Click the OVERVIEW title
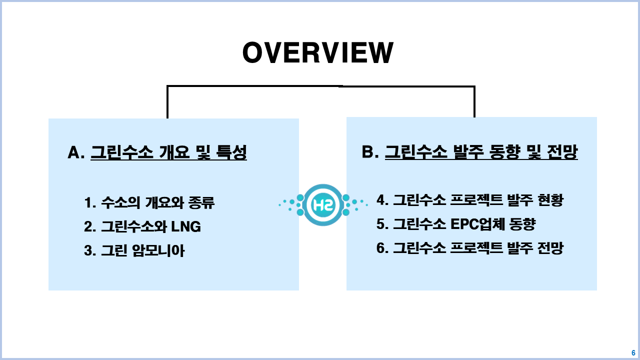click(318, 53)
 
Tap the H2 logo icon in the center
click(322, 204)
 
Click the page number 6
click(633, 353)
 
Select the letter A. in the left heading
click(76, 153)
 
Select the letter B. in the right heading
click(370, 152)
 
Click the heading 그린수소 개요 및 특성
click(168, 153)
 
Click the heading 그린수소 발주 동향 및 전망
click(481, 152)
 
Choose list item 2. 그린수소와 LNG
click(142, 227)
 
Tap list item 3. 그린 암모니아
click(134, 250)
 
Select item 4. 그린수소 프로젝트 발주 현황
click(470, 200)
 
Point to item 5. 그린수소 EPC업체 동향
click(456, 224)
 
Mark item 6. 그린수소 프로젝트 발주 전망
click(470, 248)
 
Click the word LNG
click(186, 227)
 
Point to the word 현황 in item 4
click(550, 200)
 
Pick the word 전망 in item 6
click(550, 248)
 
